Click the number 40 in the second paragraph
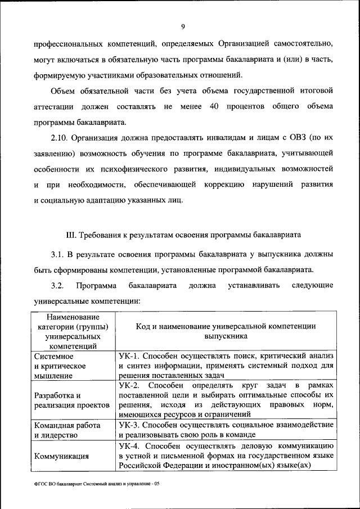pyautogui.click(x=213, y=106)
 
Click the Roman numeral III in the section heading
pyautogui.click(x=71, y=233)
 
